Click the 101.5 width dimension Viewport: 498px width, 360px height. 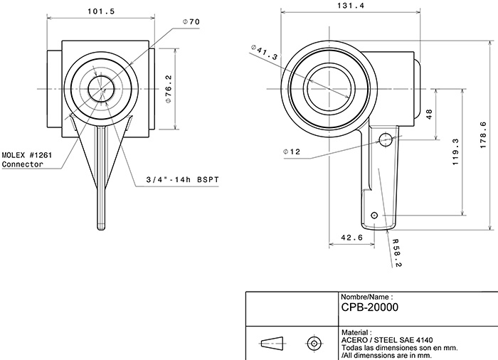coord(101,11)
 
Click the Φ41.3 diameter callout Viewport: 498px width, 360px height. coord(265,51)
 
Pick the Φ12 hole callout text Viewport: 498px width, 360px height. coord(292,152)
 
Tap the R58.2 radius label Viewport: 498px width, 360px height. coord(396,253)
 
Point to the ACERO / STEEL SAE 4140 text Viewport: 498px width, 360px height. coord(387,339)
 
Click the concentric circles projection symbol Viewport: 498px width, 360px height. coord(312,342)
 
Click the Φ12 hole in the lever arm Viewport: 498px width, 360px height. coord(386,137)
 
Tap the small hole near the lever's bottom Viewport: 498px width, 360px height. coord(375,214)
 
